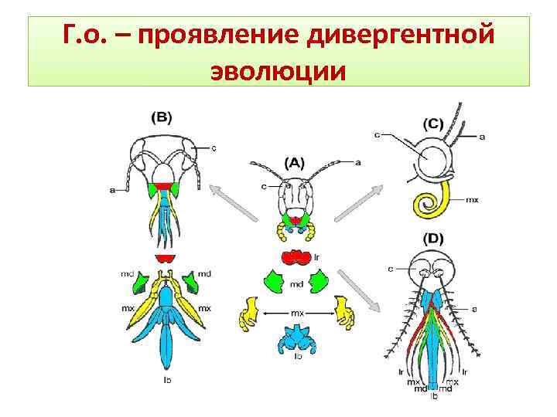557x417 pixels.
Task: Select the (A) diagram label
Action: coord(295,163)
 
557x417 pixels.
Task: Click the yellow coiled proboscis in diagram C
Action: coord(429,204)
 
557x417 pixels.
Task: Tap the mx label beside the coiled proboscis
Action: coord(472,200)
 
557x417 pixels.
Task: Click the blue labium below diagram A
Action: coord(294,337)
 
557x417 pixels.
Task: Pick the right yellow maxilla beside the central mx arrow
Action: coord(342,313)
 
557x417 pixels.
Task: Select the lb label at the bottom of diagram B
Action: coord(166,381)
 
